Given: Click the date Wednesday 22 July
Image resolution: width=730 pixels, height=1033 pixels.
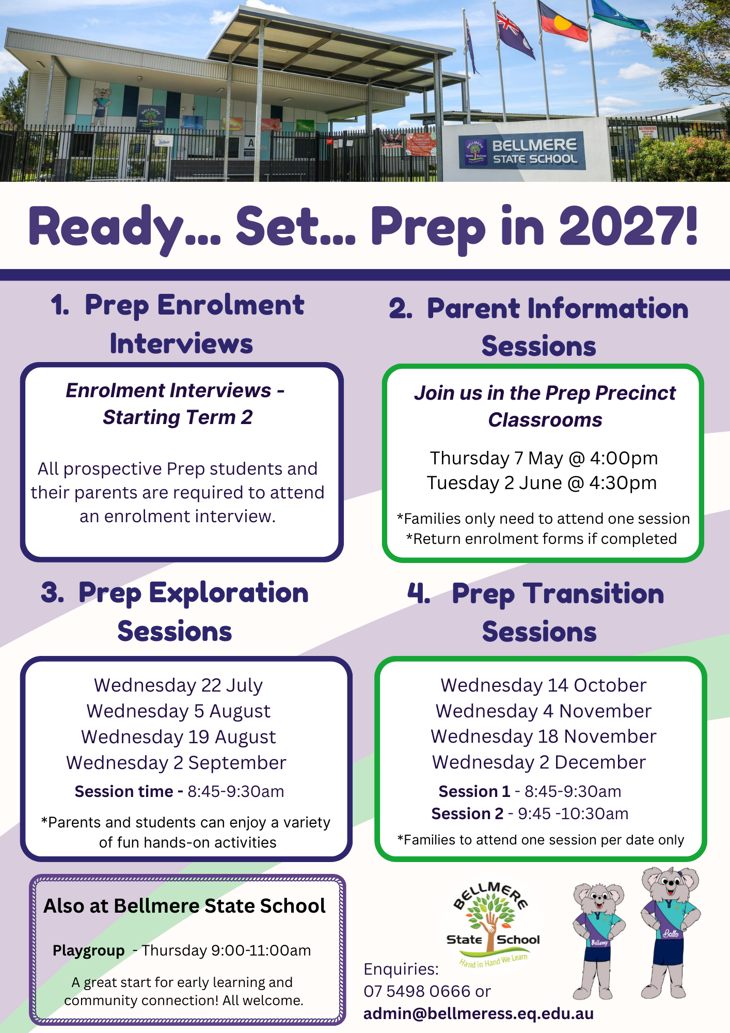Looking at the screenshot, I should point(179,685).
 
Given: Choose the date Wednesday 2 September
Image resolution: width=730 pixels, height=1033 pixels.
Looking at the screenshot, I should point(176,763).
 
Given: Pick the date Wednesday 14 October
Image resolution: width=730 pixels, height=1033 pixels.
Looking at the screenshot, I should point(543,685).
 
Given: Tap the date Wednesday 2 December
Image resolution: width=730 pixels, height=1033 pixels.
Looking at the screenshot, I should point(539,762).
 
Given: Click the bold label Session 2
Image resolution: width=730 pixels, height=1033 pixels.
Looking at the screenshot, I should point(467,813).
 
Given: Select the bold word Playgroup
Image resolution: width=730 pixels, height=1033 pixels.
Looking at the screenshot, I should point(89,950).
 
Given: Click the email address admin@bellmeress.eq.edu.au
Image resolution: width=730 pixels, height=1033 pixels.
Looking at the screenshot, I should point(479,1013).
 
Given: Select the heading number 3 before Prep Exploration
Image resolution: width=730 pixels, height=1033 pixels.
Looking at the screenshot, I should point(52,592).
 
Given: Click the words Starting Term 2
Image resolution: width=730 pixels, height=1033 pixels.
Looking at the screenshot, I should point(178,417).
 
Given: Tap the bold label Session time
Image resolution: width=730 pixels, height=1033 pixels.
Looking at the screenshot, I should point(124,791).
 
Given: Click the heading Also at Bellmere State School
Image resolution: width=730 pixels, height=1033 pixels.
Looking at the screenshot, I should point(184,906).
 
